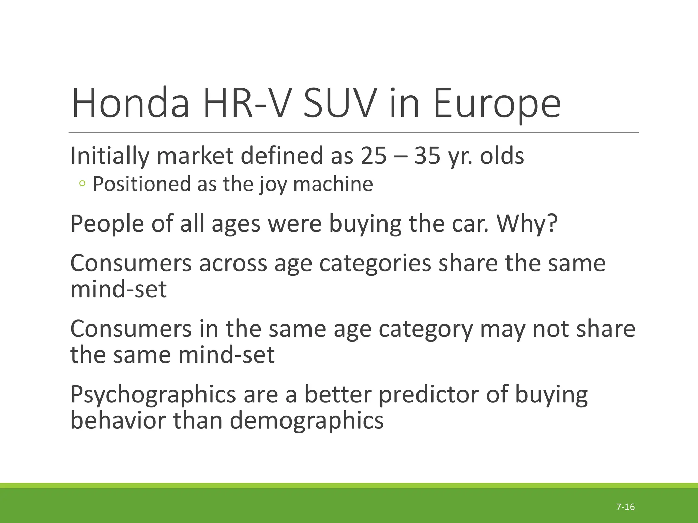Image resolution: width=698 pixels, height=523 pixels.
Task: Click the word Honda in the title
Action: (130, 103)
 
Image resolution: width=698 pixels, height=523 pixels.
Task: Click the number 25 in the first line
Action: (374, 156)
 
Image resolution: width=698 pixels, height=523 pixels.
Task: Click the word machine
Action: (333, 184)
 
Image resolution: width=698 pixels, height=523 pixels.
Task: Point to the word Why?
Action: (527, 224)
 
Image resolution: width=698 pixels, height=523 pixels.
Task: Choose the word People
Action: (107, 224)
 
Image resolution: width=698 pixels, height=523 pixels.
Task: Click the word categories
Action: (375, 264)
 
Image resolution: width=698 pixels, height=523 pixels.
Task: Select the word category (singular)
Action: (426, 329)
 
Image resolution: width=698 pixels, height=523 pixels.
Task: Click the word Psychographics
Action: (153, 395)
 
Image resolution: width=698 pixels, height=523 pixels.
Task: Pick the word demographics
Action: (306, 421)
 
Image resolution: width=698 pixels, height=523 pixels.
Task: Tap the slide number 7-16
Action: (625, 507)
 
